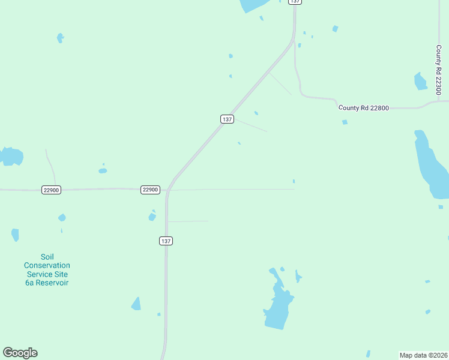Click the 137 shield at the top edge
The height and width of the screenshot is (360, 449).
pos(294,2)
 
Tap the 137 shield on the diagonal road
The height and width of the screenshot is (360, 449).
pos(226,119)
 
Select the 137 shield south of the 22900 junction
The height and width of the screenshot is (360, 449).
pos(166,241)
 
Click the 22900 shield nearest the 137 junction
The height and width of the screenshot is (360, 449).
pos(150,190)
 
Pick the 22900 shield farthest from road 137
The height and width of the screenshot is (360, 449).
pos(51,190)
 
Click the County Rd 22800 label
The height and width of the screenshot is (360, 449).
pos(364,108)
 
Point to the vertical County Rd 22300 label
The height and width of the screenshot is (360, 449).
pos(439,69)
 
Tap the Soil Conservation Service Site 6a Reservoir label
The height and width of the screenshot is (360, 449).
pos(47,269)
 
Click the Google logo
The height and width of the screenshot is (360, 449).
pos(20,353)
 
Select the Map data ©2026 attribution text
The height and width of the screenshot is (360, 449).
pos(423,355)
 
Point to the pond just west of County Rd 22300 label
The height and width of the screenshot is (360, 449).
pos(421,81)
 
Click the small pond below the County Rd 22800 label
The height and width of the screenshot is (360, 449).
pos(345,122)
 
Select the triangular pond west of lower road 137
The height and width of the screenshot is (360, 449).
pos(136,304)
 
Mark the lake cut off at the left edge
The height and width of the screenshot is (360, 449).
pos(10,156)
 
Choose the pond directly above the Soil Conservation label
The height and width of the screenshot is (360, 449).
pos(14,235)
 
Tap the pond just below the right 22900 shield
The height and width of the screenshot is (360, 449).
pos(152,216)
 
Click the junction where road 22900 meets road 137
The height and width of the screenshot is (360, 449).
pos(168,190)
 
